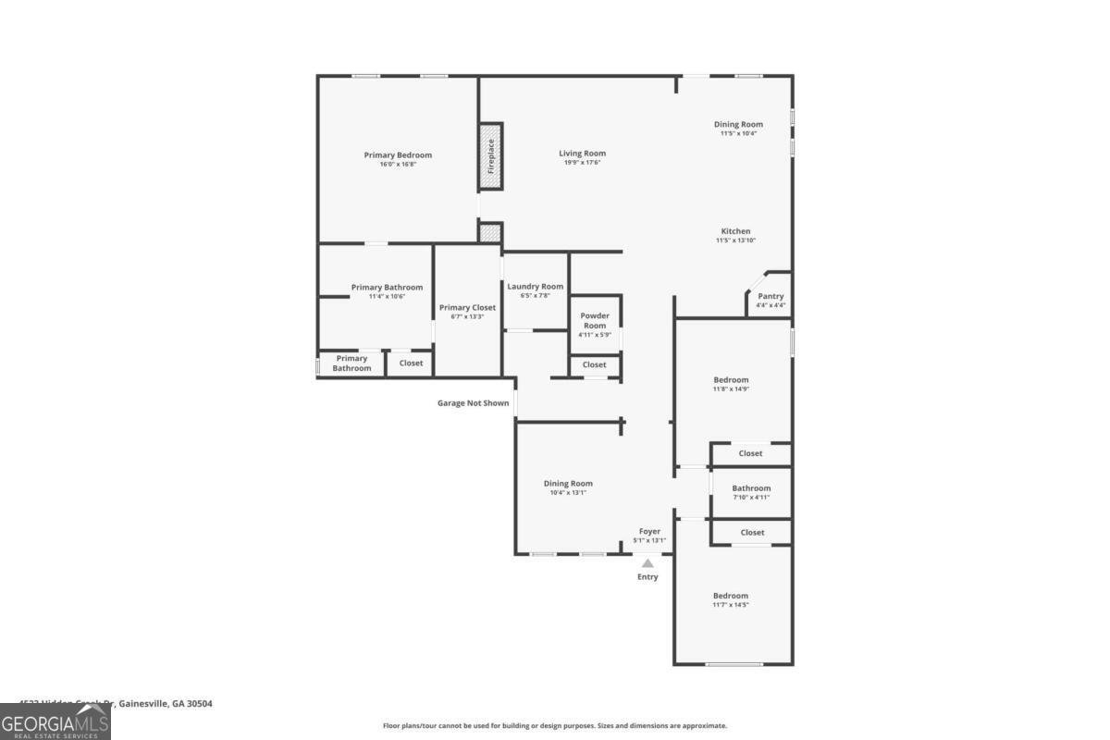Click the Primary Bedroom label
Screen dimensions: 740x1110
pyautogui.click(x=398, y=155)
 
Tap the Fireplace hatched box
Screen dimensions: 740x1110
pyautogui.click(x=490, y=156)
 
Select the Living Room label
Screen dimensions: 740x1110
pyautogui.click(x=582, y=154)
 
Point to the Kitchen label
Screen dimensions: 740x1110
pyautogui.click(x=736, y=231)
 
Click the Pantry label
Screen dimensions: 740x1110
pyautogui.click(x=771, y=297)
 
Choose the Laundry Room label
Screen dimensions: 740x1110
pyautogui.click(x=535, y=287)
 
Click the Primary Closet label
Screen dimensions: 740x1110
pyautogui.click(x=467, y=308)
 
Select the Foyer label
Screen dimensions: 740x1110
pyautogui.click(x=649, y=532)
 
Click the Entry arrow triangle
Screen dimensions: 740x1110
pyautogui.click(x=648, y=562)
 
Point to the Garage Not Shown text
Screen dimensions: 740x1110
pyautogui.click(x=473, y=403)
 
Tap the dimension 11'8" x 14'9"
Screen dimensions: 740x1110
pyautogui.click(x=731, y=389)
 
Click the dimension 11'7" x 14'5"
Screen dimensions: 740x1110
pyautogui.click(x=731, y=605)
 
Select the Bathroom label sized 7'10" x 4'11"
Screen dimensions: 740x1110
pyautogui.click(x=751, y=488)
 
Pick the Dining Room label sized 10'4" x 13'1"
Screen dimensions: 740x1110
pyautogui.click(x=568, y=484)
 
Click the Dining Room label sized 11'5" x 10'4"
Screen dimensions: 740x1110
pyautogui.click(x=738, y=124)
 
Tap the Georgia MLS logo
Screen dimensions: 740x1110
pyautogui.click(x=55, y=721)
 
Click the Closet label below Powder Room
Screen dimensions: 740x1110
pyautogui.click(x=595, y=364)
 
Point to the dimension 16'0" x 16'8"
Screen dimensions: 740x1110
pyautogui.click(x=398, y=165)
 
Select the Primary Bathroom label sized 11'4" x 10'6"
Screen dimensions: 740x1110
pyautogui.click(x=387, y=288)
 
